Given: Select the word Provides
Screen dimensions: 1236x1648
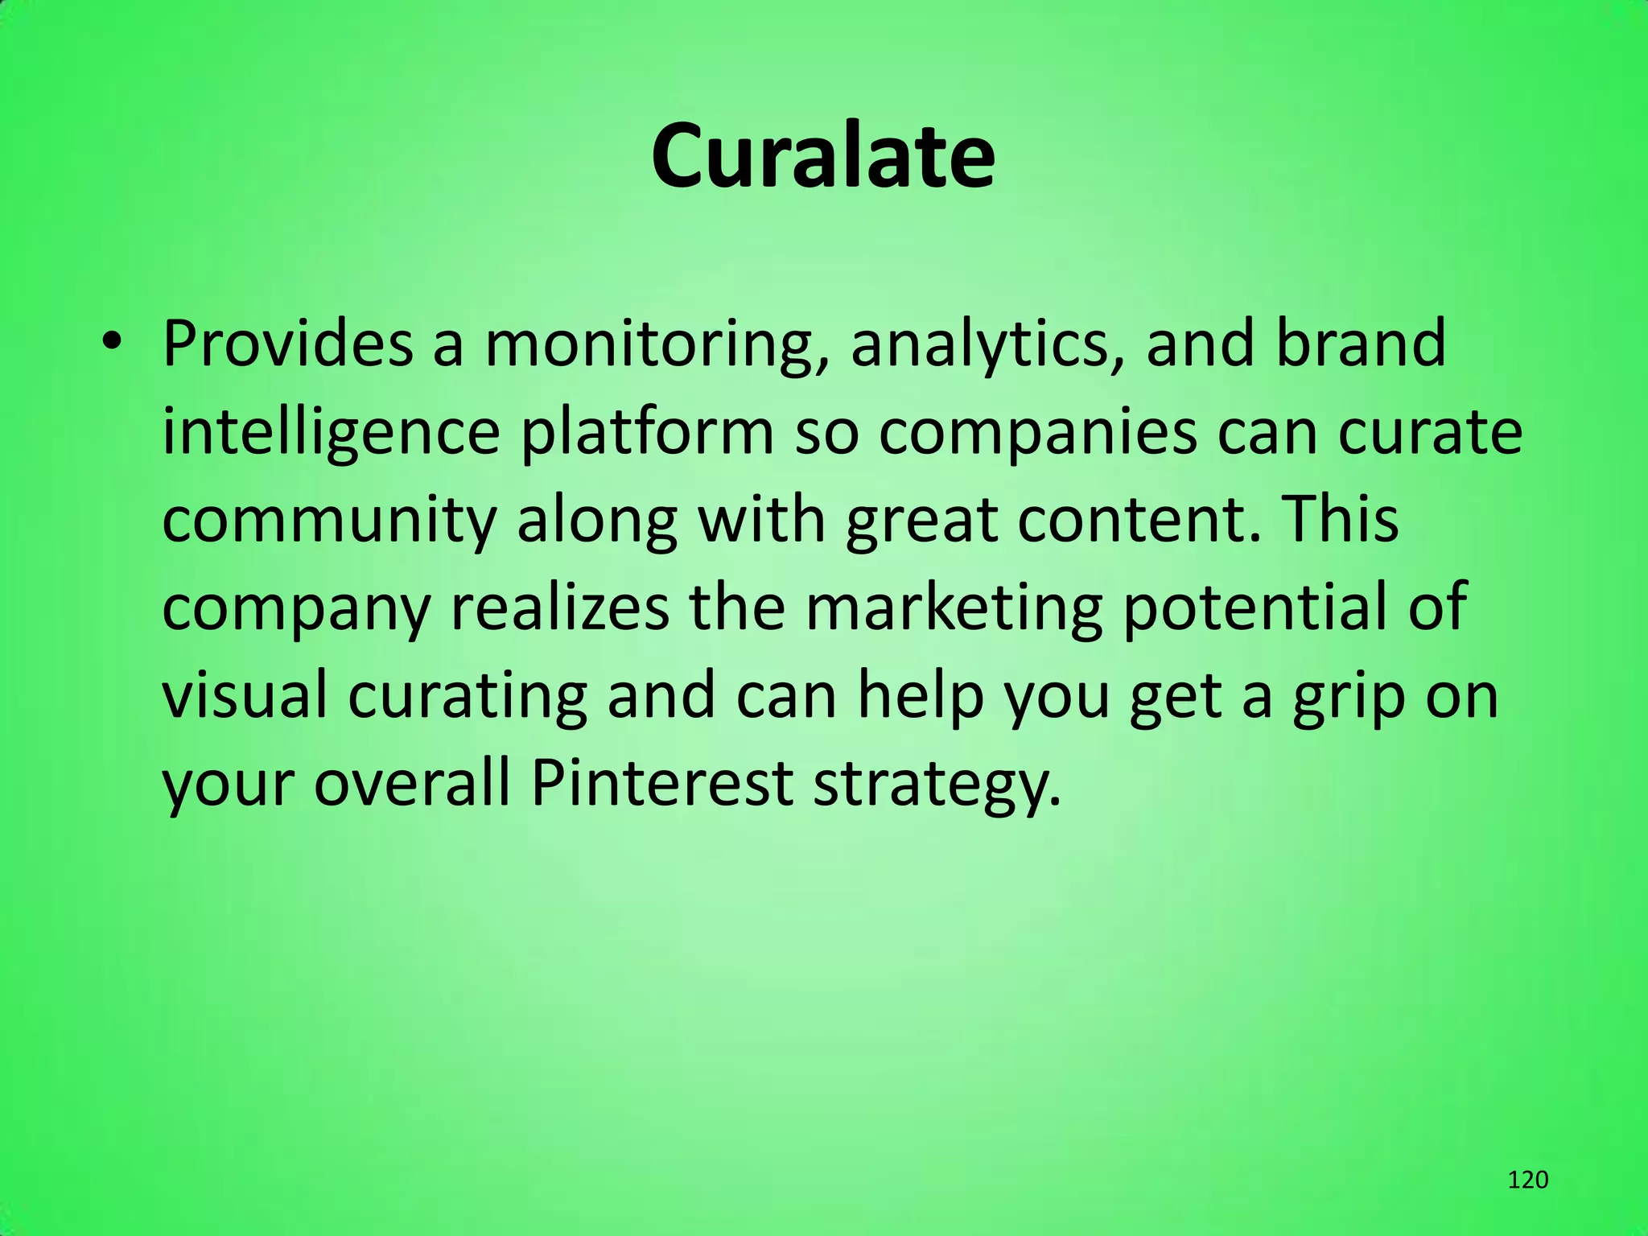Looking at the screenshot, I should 288,344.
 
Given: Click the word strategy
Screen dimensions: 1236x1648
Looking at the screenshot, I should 937,786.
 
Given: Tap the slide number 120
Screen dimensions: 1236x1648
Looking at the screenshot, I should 1527,1180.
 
